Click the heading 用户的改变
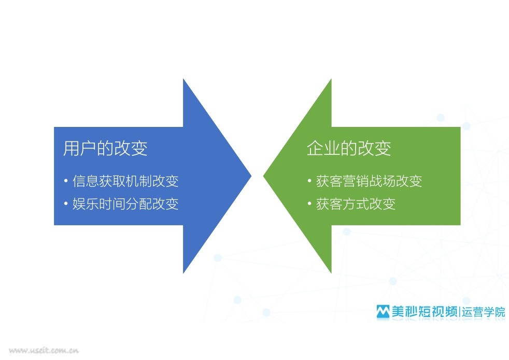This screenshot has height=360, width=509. (x=105, y=148)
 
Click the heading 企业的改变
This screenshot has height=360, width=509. (x=349, y=148)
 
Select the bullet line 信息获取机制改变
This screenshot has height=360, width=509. (x=125, y=181)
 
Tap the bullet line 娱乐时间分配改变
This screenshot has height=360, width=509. (x=125, y=204)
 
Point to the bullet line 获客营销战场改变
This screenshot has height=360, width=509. (x=369, y=181)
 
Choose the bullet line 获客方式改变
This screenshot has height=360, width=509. (x=356, y=204)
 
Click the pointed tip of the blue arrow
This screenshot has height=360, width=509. (x=251, y=176)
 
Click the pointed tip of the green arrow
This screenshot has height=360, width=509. (x=264, y=176)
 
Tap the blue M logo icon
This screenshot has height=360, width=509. (x=383, y=311)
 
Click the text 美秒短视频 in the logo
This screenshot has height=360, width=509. (x=425, y=311)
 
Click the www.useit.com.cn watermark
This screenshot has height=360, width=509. (x=44, y=350)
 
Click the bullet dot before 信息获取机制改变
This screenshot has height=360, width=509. (x=66, y=181)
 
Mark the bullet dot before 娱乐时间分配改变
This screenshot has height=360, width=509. (x=66, y=204)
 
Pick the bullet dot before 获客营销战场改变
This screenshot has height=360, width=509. (x=309, y=181)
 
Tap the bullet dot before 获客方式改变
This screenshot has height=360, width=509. (x=309, y=204)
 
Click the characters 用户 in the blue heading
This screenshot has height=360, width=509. (x=80, y=148)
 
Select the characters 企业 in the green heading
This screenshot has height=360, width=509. (x=323, y=148)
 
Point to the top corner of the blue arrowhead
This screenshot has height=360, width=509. (x=183, y=79)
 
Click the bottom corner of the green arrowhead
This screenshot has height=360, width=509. (x=331, y=273)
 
